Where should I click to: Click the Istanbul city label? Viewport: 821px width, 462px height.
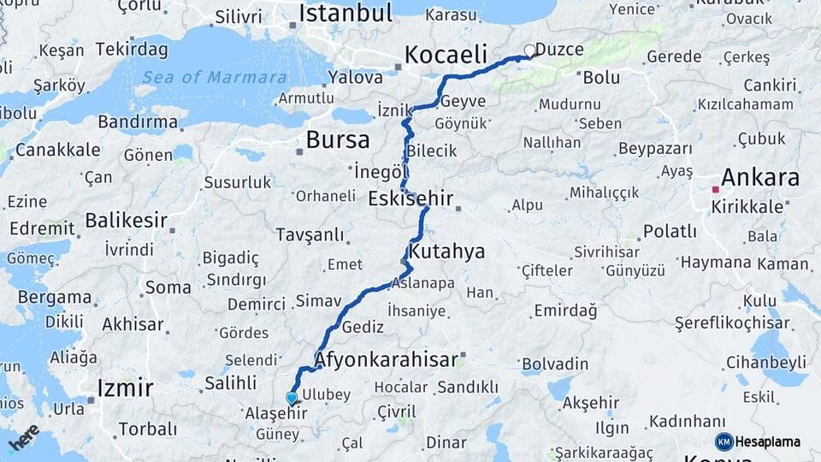pyautogui.click(x=345, y=13)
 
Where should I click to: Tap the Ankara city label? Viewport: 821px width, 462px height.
pyautogui.click(x=760, y=178)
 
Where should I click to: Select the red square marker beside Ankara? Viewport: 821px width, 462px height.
pyautogui.click(x=715, y=189)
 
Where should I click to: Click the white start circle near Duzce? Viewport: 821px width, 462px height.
pyautogui.click(x=529, y=51)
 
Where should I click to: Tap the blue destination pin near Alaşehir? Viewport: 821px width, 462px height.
pyautogui.click(x=292, y=398)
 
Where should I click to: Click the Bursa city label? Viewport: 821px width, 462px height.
pyautogui.click(x=338, y=139)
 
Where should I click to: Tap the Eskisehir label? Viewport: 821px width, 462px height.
pyautogui.click(x=410, y=198)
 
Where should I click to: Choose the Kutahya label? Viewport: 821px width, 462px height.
pyautogui.click(x=446, y=252)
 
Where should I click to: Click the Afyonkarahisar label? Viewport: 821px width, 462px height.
pyautogui.click(x=387, y=359)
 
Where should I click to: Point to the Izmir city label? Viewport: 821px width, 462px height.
pyautogui.click(x=125, y=388)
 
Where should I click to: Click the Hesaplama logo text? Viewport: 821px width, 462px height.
pyautogui.click(x=768, y=441)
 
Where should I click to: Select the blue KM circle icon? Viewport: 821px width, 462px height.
pyautogui.click(x=724, y=441)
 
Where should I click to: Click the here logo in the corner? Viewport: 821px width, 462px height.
pyautogui.click(x=23, y=439)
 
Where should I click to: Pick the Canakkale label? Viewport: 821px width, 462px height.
pyautogui.click(x=57, y=150)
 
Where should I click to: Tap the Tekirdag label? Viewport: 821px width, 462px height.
pyautogui.click(x=132, y=48)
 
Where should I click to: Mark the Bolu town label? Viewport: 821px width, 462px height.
pyautogui.click(x=601, y=77)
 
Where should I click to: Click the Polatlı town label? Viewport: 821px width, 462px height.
pyautogui.click(x=670, y=231)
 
